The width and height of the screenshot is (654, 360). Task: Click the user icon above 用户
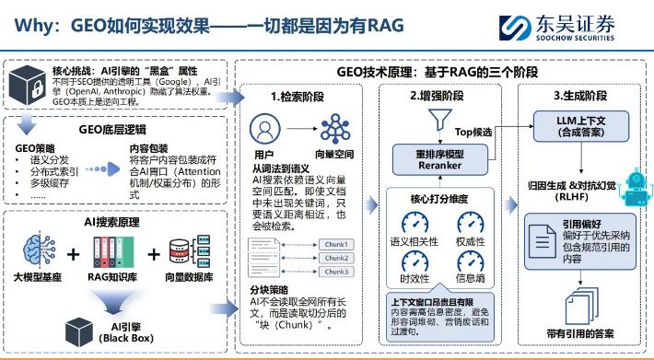264,128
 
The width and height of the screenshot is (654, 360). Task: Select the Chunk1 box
334,244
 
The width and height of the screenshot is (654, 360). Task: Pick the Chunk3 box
334,271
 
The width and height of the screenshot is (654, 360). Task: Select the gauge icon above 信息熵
471,262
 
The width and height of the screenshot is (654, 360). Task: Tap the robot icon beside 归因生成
635,189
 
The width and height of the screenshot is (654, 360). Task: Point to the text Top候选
475,133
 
